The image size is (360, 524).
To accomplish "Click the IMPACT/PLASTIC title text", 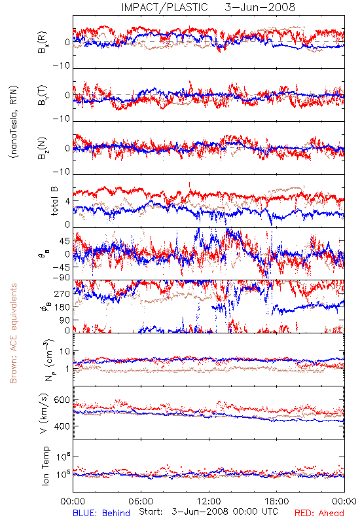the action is pyautogui.click(x=164, y=7).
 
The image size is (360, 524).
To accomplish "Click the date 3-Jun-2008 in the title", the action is pyautogui.click(x=260, y=7).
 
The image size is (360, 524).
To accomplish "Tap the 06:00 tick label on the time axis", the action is pyautogui.click(x=141, y=501).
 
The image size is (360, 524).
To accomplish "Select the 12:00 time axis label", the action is pyautogui.click(x=209, y=501).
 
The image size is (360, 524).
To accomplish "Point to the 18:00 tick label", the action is pyautogui.click(x=277, y=501).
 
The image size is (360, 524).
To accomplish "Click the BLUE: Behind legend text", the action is pyautogui.click(x=101, y=513).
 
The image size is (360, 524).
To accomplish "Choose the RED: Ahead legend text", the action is pyautogui.click(x=319, y=513).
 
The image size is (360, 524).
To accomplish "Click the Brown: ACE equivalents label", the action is pyautogui.click(x=13, y=333).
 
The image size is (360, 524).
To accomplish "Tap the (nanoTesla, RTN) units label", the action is pyautogui.click(x=14, y=122).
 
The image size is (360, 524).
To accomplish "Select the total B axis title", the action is pyautogui.click(x=54, y=201).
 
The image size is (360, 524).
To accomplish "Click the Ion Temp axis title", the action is pyautogui.click(x=45, y=466).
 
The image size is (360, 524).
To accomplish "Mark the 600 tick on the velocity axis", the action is pyautogui.click(x=62, y=400).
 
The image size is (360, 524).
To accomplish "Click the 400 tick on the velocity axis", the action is pyautogui.click(x=62, y=426).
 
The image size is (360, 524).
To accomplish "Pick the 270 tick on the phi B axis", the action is pyautogui.click(x=62, y=293).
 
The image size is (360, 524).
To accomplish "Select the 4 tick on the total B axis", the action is pyautogui.click(x=68, y=202).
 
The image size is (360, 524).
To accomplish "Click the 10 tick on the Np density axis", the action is pyautogui.click(x=65, y=352).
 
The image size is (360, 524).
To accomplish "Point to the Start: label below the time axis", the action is pyautogui.click(x=151, y=512).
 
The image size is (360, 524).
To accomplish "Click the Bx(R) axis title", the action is pyautogui.click(x=43, y=43).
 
